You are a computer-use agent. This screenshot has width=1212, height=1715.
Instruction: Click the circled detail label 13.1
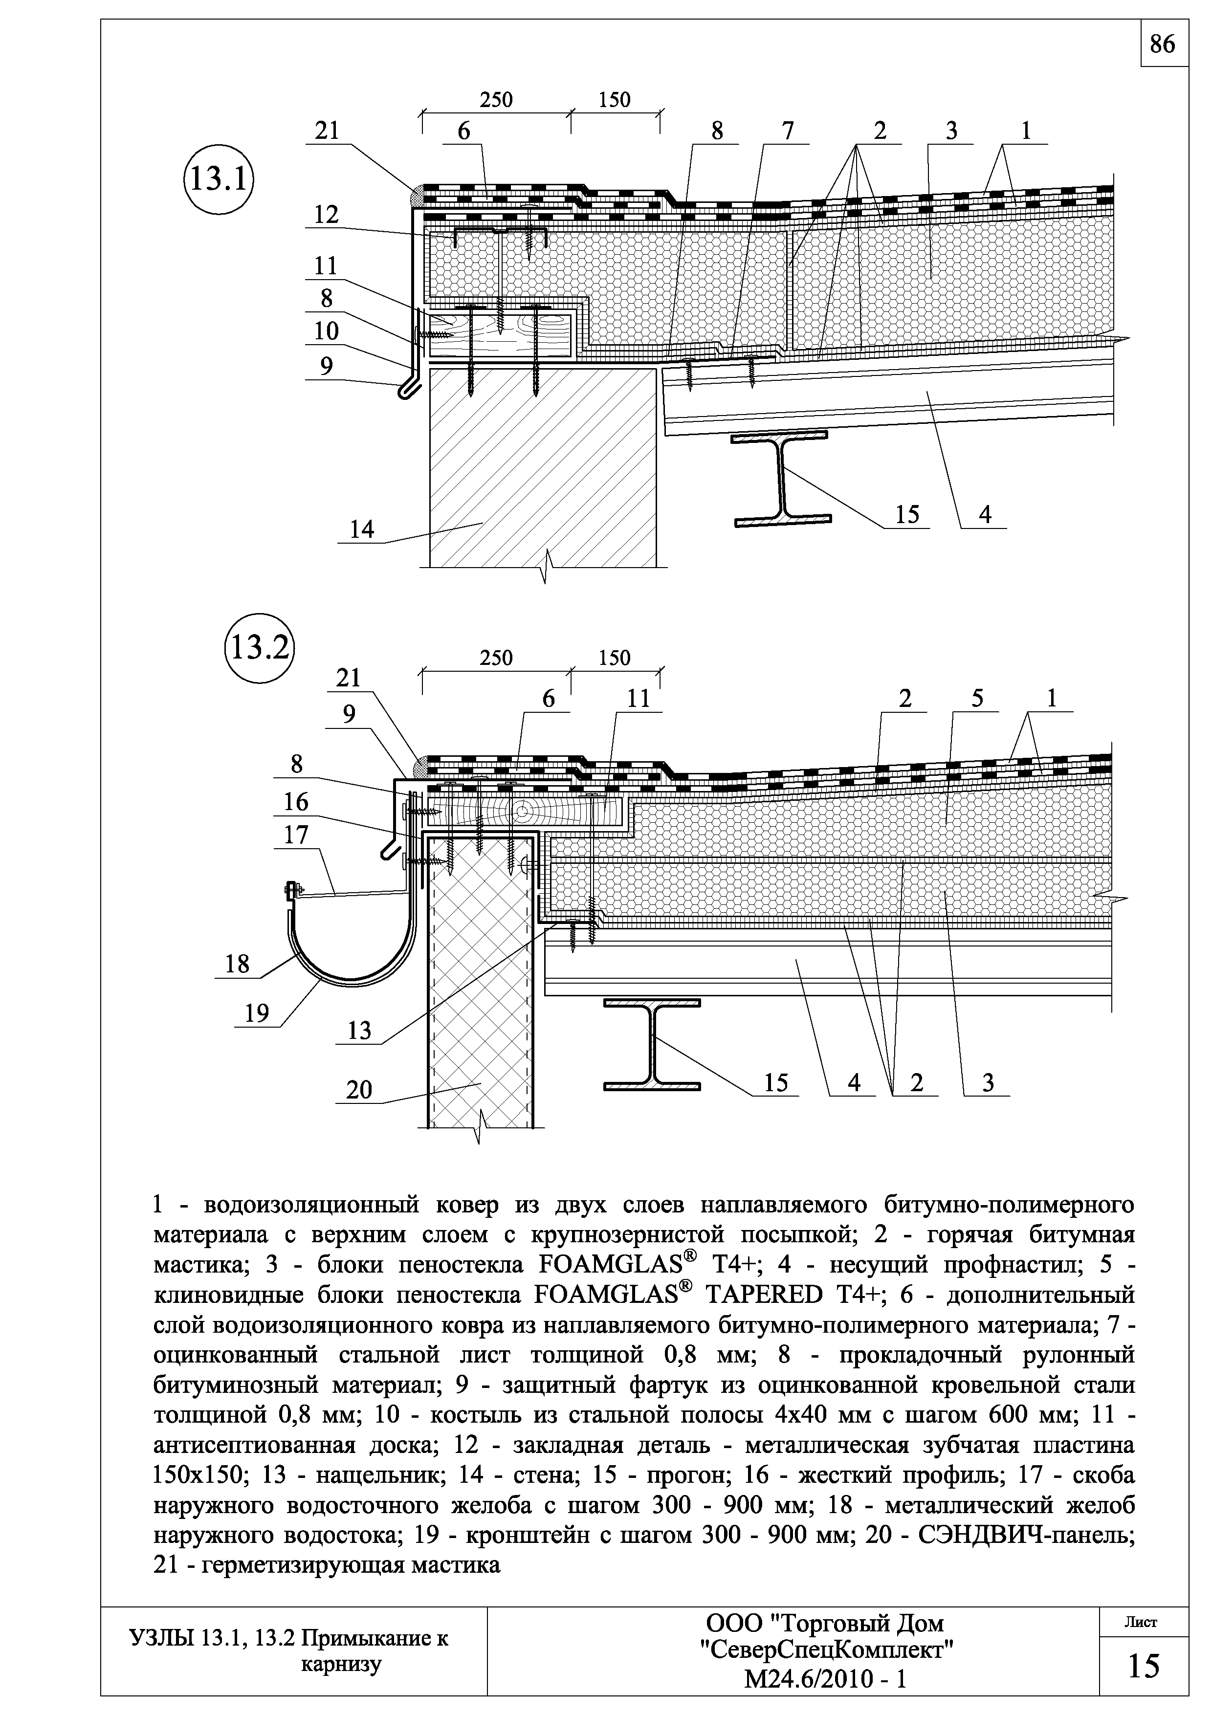[218, 179]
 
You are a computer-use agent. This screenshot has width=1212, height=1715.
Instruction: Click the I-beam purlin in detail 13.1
[781, 479]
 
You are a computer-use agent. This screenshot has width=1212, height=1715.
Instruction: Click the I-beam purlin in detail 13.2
[652, 1043]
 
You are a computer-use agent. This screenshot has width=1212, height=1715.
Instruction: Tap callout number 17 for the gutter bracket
[296, 835]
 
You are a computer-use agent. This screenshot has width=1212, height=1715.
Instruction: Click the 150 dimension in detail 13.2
[615, 658]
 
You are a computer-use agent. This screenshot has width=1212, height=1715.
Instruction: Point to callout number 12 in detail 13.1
[326, 215]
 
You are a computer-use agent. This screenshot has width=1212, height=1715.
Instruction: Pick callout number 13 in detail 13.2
[359, 1031]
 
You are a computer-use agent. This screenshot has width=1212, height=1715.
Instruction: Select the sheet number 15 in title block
[1143, 1667]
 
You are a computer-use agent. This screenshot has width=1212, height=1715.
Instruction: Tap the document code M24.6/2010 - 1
[825, 1679]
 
